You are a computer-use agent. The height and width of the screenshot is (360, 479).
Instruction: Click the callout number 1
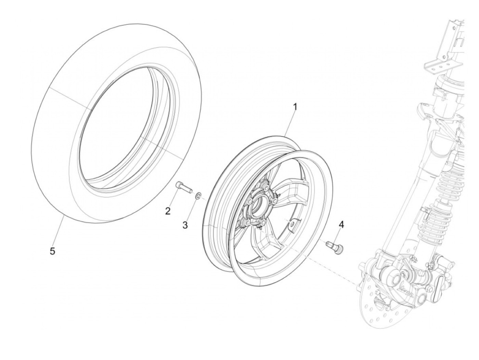[x=295, y=107]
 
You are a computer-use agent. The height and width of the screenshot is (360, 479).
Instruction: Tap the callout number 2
[x=168, y=211]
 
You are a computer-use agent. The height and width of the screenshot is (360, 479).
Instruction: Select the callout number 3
[x=185, y=225]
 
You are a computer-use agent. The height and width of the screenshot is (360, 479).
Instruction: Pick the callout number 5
[x=52, y=251]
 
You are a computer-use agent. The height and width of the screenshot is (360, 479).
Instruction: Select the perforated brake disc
[x=380, y=305]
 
